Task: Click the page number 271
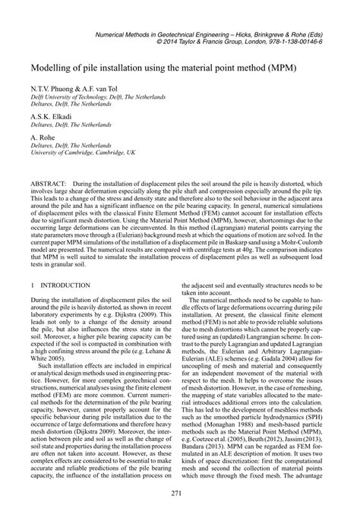click(179, 493)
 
